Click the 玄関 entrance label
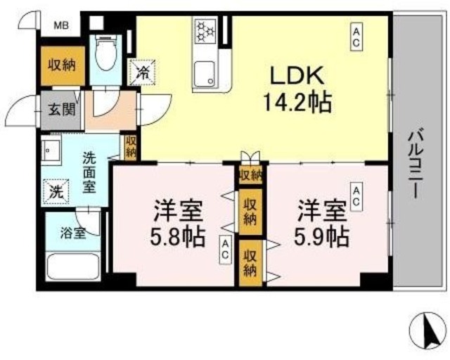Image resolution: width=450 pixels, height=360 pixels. pos(60,110)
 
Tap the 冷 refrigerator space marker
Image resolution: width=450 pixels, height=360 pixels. pos(142,71)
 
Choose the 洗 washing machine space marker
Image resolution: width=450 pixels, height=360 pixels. pos(56,190)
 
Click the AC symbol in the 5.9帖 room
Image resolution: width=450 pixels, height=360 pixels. pos(356,196)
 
